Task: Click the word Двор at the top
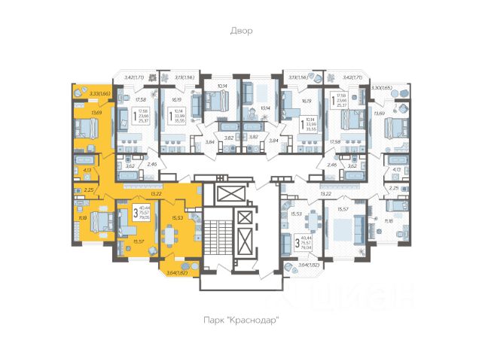coord(241,31)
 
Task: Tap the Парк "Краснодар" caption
coord(241,320)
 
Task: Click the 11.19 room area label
coord(81,218)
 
